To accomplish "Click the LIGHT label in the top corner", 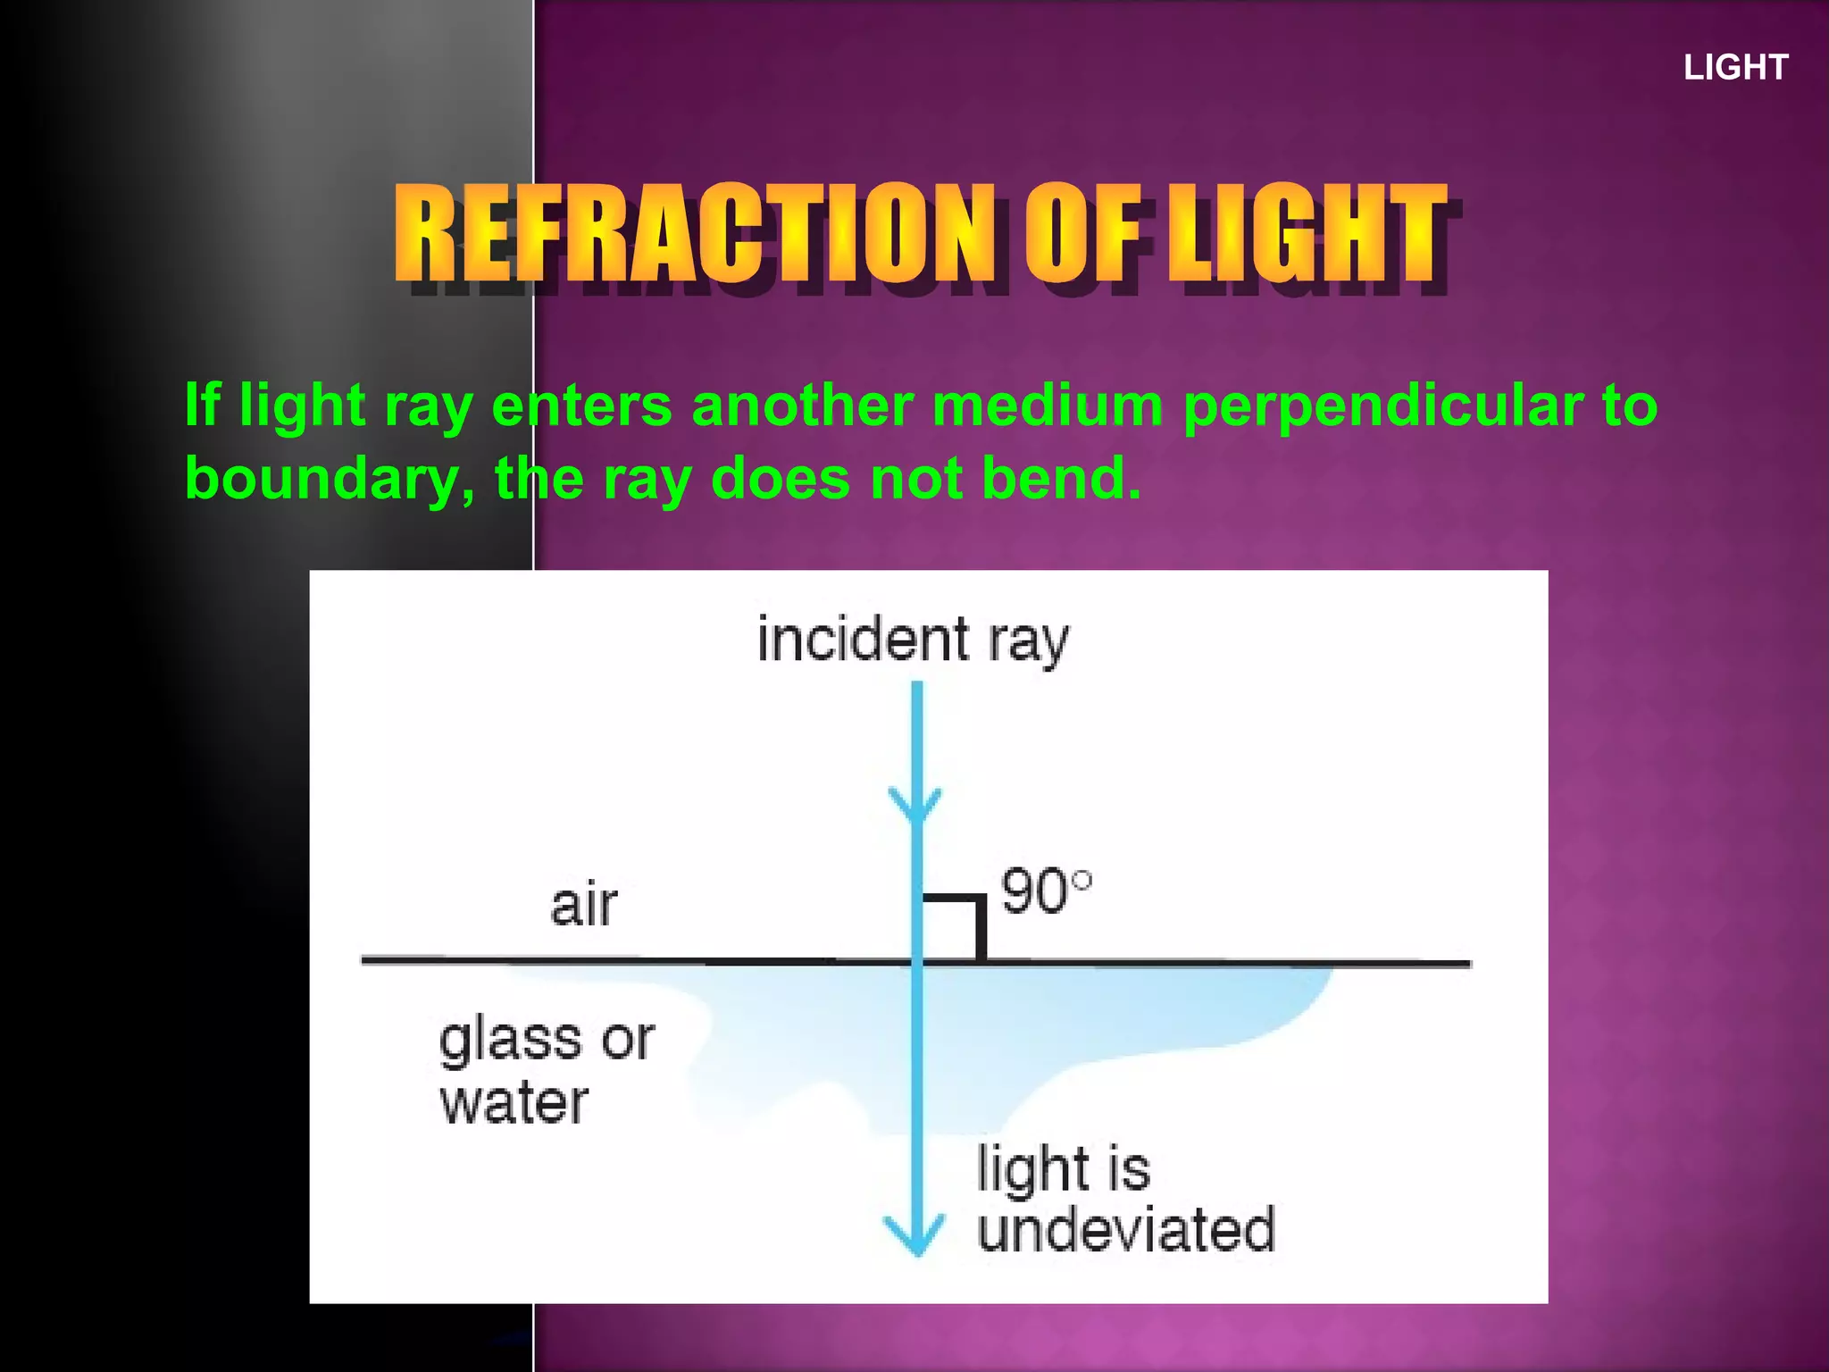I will (x=1735, y=68).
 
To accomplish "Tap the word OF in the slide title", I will (x=1082, y=232).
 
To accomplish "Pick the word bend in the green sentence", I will (x=1061, y=478).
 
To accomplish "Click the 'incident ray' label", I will (x=912, y=640).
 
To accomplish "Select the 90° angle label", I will (x=1045, y=891).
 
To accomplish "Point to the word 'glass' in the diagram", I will (x=509, y=1041).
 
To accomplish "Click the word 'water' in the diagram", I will (x=514, y=1103).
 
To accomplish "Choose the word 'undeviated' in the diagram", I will (x=1125, y=1230).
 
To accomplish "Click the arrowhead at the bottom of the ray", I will (x=914, y=1237).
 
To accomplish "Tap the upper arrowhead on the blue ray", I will (x=914, y=804).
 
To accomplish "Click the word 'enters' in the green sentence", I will (x=581, y=405).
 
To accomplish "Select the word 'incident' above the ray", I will (x=862, y=640).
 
